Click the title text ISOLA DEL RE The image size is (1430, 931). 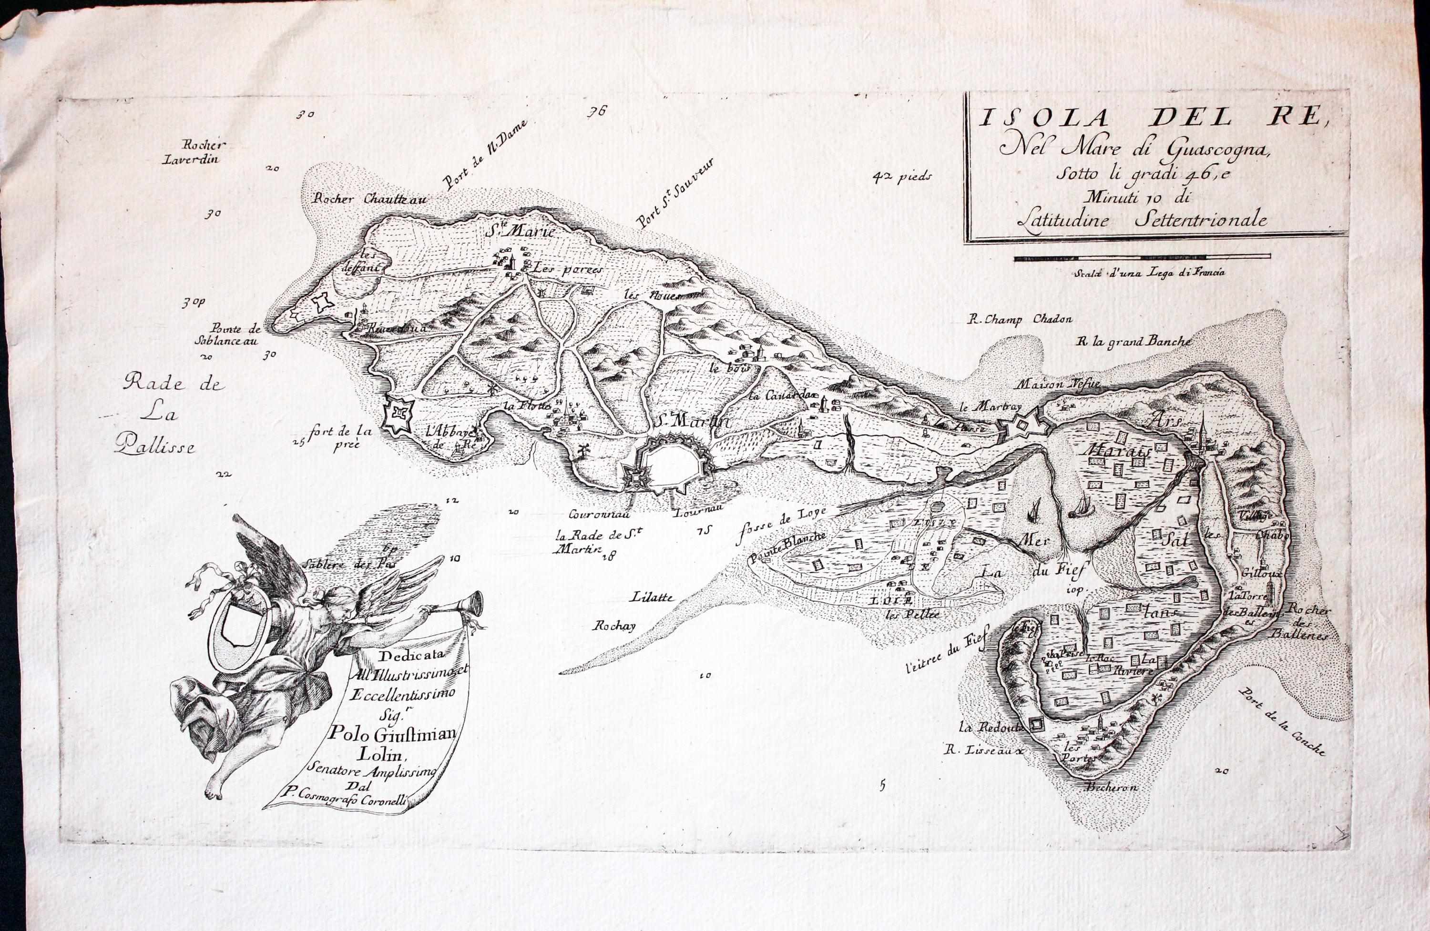tap(1151, 117)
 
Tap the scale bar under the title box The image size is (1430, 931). tap(1142, 258)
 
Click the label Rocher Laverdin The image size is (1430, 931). tap(192, 152)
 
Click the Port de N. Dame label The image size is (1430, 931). tap(485, 154)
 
